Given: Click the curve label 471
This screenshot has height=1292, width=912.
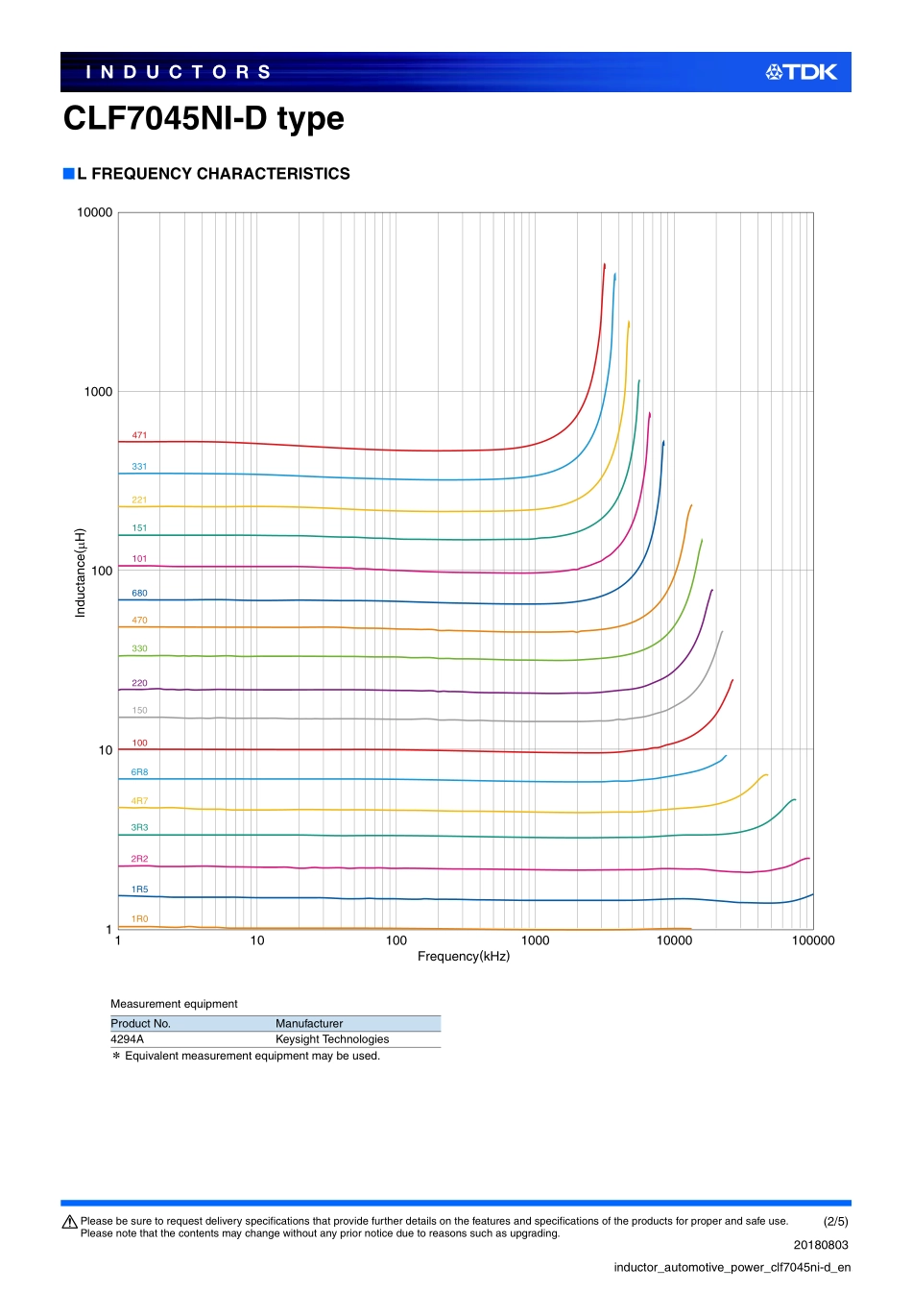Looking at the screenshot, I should (139, 435).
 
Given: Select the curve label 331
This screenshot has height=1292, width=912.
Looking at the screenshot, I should (139, 467).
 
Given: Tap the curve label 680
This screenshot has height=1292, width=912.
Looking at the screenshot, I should (139, 594).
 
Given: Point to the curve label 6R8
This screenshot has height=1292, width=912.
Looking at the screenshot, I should (139, 772).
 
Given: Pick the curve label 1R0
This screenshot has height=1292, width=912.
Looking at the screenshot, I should (139, 919).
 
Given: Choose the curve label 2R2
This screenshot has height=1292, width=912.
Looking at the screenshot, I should (139, 859).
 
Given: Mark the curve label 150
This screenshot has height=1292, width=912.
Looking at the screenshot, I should (139, 711).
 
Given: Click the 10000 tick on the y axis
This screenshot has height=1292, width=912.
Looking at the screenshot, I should (94, 212).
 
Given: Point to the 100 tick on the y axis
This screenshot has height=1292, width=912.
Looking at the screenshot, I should (102, 571).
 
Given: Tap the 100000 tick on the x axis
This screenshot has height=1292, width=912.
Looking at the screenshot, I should (812, 940).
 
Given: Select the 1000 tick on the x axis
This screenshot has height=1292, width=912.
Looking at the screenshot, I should (535, 940).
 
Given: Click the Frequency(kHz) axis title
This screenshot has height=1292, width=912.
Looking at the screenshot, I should (464, 957).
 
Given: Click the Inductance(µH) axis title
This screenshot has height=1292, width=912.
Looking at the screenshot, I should (81, 573).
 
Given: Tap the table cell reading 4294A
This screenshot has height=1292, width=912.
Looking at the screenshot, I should (127, 1039).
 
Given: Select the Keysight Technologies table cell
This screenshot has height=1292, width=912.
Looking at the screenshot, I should (332, 1039).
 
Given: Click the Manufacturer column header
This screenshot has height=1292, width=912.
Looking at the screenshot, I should (309, 1024).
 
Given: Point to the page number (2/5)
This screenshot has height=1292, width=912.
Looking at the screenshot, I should (835, 1222).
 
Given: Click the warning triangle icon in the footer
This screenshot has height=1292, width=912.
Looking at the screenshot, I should (69, 1222).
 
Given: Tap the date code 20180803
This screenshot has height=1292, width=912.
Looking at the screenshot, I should (821, 1245).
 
